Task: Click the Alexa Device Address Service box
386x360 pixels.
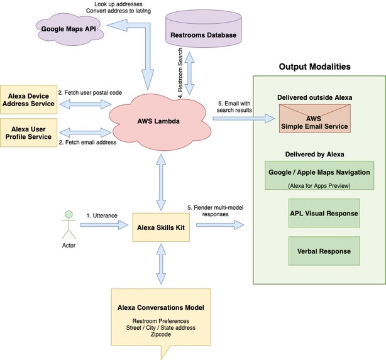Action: point(30,99)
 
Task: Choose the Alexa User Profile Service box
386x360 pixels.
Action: point(30,132)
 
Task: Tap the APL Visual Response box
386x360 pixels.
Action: point(324,213)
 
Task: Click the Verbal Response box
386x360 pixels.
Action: point(324,251)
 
